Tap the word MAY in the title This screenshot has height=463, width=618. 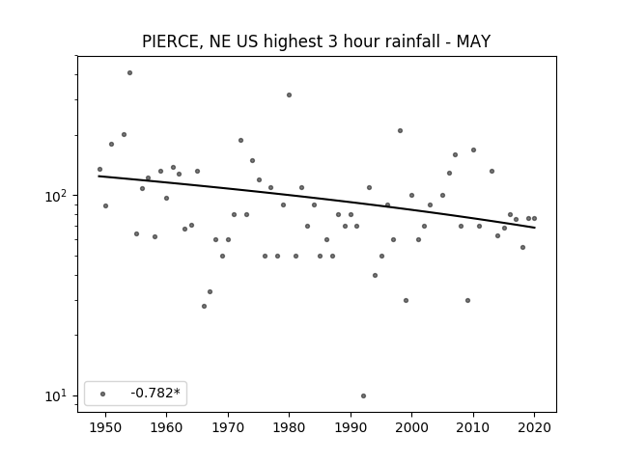pyautogui.click(x=473, y=41)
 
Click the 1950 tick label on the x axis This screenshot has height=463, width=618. pyautogui.click(x=105, y=427)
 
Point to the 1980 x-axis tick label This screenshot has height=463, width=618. pyautogui.click(x=289, y=427)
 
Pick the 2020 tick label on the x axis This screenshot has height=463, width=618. pyautogui.click(x=534, y=427)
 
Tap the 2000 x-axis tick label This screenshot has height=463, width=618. pyautogui.click(x=411, y=427)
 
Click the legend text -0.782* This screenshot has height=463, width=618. pyautogui.click(x=155, y=393)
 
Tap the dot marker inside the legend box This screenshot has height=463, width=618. pyautogui.click(x=103, y=394)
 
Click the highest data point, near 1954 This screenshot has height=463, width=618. pyautogui.click(x=129, y=73)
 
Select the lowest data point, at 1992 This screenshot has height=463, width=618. pyautogui.click(x=363, y=395)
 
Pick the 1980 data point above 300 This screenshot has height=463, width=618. pyautogui.click(x=289, y=95)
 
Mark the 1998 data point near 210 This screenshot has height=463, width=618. pyautogui.click(x=400, y=131)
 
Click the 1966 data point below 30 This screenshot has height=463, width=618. pyautogui.click(x=204, y=306)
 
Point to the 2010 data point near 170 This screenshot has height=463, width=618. pyautogui.click(x=473, y=150)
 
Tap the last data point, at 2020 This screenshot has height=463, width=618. pyautogui.click(x=534, y=219)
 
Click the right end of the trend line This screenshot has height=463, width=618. pyautogui.click(x=535, y=228)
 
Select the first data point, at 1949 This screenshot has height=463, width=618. pyautogui.click(x=99, y=170)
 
